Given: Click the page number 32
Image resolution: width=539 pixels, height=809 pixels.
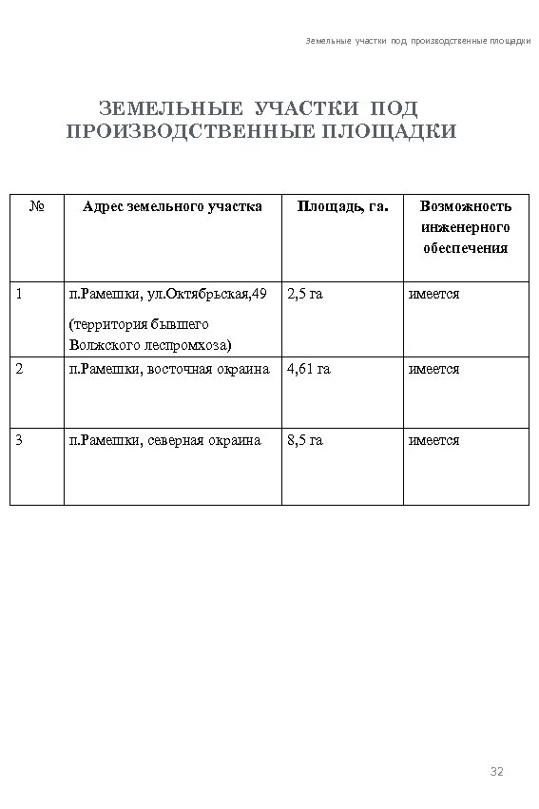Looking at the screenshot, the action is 495,770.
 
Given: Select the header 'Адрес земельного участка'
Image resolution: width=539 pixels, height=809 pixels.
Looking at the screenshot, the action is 172,205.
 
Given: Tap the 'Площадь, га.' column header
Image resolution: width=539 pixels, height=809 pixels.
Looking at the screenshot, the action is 342,205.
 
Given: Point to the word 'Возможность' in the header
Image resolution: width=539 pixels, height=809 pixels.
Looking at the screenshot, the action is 466,206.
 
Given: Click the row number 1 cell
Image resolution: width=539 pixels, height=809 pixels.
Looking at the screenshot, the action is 22,294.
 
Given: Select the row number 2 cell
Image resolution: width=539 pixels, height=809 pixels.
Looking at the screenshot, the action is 22,369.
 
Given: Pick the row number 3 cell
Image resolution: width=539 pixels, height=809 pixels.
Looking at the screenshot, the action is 22,440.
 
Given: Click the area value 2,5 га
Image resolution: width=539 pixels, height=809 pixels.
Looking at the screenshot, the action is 305,294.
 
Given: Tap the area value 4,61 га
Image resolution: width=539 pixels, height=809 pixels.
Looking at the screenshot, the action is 308,369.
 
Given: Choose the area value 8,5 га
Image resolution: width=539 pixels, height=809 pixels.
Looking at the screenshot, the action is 305,440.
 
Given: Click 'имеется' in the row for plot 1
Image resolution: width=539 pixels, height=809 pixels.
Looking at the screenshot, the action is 433,294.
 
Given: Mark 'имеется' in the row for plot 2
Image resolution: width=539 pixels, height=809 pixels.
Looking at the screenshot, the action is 433,369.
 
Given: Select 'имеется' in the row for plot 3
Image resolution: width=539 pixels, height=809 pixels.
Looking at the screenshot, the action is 433,440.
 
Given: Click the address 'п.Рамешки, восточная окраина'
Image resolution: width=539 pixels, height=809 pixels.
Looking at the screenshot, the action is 169,369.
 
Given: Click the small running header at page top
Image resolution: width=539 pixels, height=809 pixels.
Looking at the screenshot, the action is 418,42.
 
